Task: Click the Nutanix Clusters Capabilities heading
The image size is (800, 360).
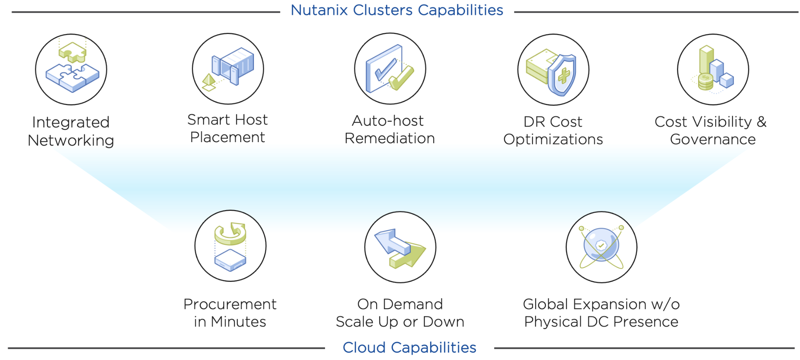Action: tap(397, 10)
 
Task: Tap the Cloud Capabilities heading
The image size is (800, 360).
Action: tap(409, 347)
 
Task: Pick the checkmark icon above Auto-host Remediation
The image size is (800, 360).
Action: tap(390, 69)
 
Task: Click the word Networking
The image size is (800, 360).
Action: tap(71, 140)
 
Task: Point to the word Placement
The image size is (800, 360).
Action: tap(227, 137)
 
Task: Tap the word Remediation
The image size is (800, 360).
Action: tap(389, 138)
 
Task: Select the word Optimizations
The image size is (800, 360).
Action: tap(553, 139)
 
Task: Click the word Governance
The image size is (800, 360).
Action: tap(713, 139)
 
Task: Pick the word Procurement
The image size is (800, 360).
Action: tap(230, 304)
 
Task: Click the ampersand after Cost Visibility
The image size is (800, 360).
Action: tap(761, 122)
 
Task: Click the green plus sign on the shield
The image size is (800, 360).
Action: tap(564, 75)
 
